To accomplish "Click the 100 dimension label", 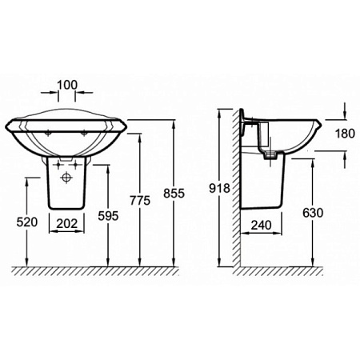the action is point(67,85).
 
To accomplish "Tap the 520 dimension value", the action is point(27,222).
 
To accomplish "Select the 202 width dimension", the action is point(67,223).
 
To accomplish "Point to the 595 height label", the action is point(108,215).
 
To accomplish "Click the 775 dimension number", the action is point(140,200).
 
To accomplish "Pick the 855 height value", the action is point(174,193).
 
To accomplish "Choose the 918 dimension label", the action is point(219,188).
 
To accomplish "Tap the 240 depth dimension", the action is point(262,225).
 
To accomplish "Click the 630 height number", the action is point(313,213).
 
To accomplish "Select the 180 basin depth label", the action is point(345,134).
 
